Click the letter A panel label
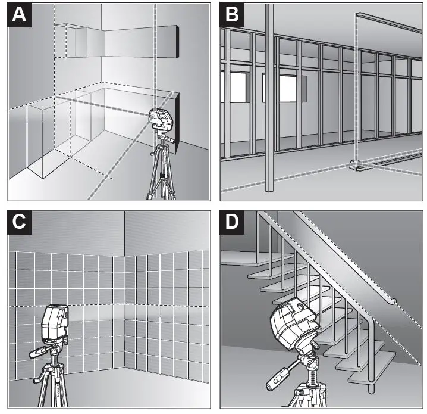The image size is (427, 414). click(x=20, y=15)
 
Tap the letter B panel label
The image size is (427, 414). click(x=232, y=15)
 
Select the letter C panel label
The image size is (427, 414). click(x=20, y=222)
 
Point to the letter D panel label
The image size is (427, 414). click(x=232, y=222)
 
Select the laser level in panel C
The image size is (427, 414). click(x=54, y=324)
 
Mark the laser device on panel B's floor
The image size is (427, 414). click(x=356, y=165)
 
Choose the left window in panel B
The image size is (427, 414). click(x=238, y=89)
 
